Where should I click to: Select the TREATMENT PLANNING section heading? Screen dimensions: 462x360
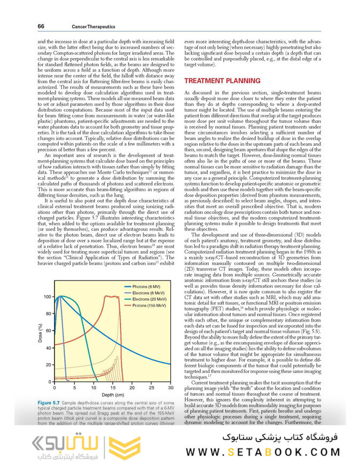pos(222,81)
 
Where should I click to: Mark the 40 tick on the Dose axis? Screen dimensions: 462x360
pos(49,348)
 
